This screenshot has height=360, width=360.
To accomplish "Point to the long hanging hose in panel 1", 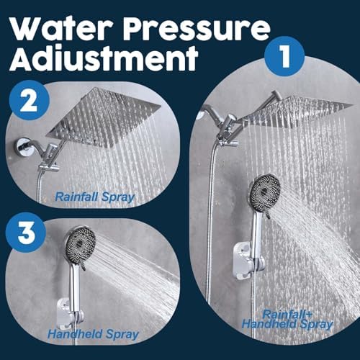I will (x=211, y=230).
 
